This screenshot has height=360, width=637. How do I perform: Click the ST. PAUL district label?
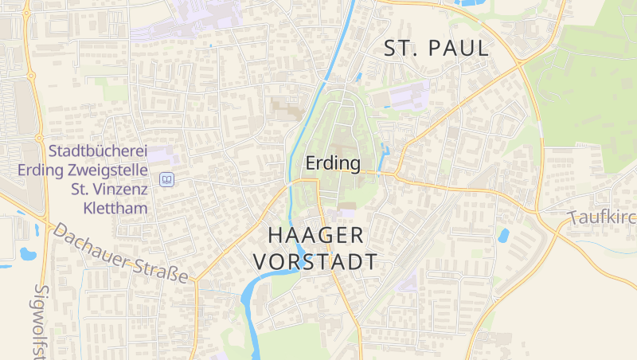coord(436,49)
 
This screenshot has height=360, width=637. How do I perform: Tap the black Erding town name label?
coord(333,164)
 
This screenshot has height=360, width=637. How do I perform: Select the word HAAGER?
coord(316,235)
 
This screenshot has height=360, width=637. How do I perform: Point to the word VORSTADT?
coord(314,262)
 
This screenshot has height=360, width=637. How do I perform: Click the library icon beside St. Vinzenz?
coord(166,180)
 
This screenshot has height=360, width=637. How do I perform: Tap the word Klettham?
coord(119,209)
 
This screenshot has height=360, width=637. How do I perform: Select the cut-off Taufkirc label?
coord(601,218)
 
